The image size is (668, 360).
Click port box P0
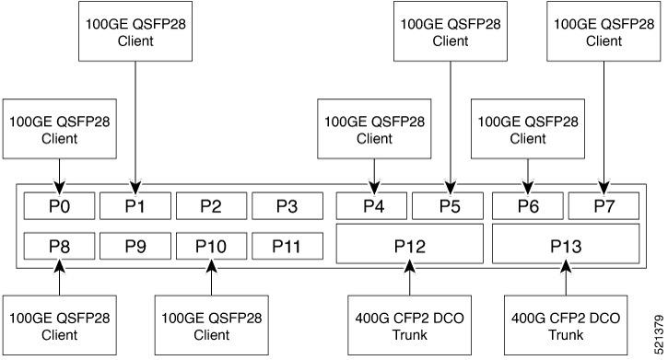(x=59, y=206)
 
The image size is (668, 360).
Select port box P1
(x=135, y=206)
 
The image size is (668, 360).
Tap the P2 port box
(x=211, y=206)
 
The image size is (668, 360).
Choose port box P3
(x=287, y=206)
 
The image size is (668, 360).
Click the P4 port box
(x=373, y=206)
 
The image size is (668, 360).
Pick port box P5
(x=449, y=206)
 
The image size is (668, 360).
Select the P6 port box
(x=528, y=206)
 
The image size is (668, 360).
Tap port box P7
(x=604, y=206)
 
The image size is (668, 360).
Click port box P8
(x=59, y=245)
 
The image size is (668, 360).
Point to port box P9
(x=135, y=245)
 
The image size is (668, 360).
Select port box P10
(x=211, y=245)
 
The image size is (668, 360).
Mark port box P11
(x=287, y=245)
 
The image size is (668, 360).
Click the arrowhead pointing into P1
(x=135, y=186)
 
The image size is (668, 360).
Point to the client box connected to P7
(x=604, y=32)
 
